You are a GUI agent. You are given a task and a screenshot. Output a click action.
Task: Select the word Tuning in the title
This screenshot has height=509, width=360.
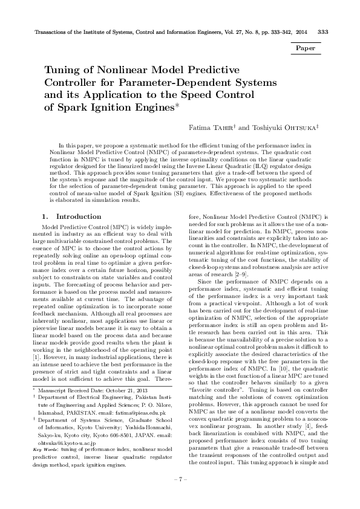point(63,70)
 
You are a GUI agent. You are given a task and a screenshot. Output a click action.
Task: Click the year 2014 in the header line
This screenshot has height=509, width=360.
point(301,31)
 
